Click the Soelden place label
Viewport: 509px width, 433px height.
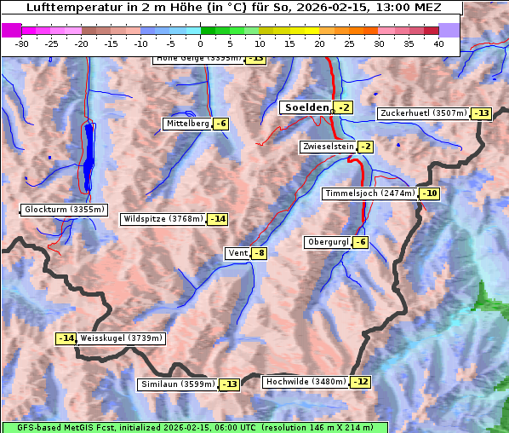point(306,107)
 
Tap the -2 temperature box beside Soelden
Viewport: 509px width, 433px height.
point(343,107)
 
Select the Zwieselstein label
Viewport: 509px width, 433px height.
point(328,147)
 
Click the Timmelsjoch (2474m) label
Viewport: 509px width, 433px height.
point(370,193)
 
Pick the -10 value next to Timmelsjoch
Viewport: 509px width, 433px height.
point(430,193)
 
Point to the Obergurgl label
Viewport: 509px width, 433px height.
point(327,242)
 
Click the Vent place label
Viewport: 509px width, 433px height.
point(237,253)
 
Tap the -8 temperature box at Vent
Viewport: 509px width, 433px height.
point(259,253)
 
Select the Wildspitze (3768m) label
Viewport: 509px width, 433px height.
point(163,219)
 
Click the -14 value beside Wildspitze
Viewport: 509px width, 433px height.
point(218,219)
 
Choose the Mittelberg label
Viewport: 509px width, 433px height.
point(186,124)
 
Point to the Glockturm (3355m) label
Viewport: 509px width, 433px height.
point(65,209)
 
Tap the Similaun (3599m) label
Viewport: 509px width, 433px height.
point(178,384)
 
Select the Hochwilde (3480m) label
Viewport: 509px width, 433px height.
point(305,382)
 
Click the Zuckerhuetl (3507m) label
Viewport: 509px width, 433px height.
point(423,113)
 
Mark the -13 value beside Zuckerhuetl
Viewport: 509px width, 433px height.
point(482,113)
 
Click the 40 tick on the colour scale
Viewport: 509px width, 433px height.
point(438,43)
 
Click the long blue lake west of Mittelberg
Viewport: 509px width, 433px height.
point(89,158)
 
